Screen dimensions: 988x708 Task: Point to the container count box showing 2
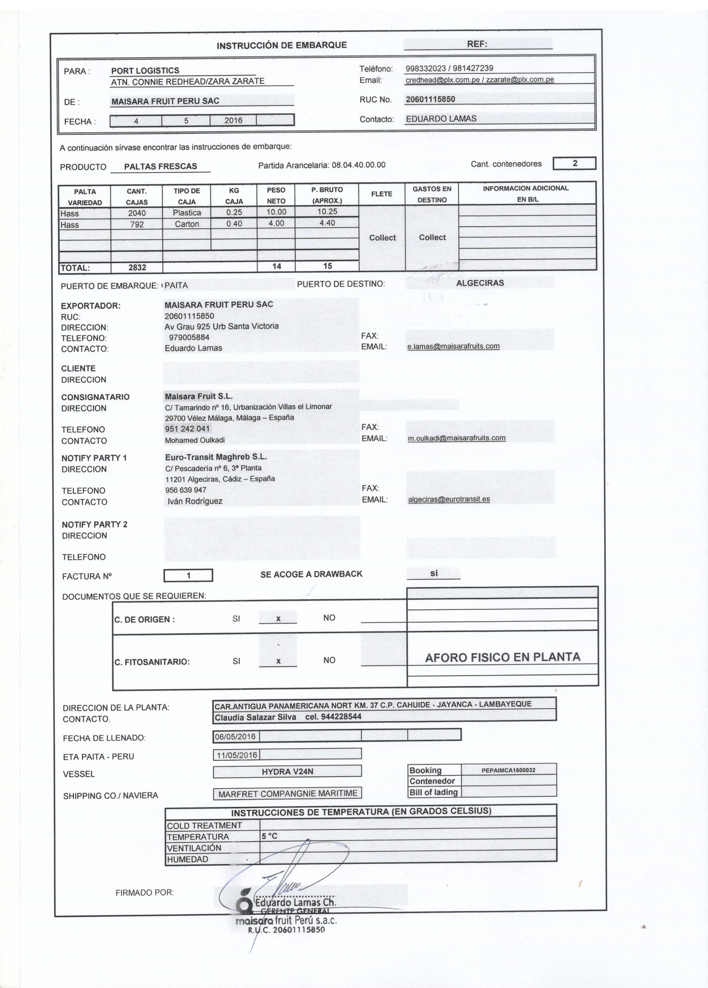click(x=574, y=163)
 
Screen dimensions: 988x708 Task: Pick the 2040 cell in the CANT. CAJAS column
click(x=137, y=213)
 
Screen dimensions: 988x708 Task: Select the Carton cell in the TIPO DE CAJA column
click(x=187, y=224)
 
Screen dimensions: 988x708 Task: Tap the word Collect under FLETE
click(x=382, y=237)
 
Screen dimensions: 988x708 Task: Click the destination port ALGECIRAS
click(x=480, y=283)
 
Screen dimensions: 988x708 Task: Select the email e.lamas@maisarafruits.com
click(x=453, y=346)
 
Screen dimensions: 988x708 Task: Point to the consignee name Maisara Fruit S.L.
click(x=199, y=396)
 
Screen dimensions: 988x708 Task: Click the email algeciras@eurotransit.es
click(x=449, y=499)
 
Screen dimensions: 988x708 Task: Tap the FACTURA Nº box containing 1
click(x=188, y=576)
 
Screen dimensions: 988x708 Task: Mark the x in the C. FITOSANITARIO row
click(x=278, y=661)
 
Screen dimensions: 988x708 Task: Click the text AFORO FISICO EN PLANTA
click(x=502, y=657)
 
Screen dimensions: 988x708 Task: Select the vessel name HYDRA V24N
click(x=287, y=771)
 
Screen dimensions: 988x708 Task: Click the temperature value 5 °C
click(x=269, y=836)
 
